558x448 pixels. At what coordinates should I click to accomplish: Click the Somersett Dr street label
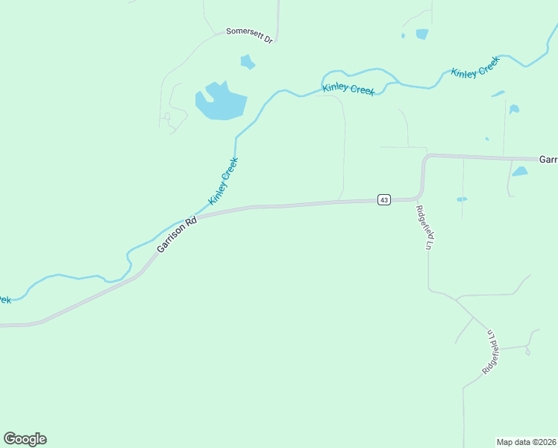point(250,35)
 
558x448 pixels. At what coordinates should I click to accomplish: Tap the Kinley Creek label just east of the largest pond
point(348,90)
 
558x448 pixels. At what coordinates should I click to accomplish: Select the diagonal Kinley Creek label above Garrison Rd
point(224,181)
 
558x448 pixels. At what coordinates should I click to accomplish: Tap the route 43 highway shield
point(383,199)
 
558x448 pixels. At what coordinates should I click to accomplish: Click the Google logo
point(25,438)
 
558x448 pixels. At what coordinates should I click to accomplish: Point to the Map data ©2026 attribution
point(526,441)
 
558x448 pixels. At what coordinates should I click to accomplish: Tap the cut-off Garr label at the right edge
point(548,160)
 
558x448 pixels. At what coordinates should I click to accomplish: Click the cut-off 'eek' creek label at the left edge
point(5,299)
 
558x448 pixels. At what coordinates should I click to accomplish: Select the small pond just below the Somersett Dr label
point(248,62)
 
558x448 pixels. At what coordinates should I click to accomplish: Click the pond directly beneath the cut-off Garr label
point(520,172)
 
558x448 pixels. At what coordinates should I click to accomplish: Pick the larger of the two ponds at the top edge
point(422,34)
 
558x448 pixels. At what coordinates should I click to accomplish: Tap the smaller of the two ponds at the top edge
point(403,35)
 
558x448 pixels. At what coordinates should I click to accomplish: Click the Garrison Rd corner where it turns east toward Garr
point(426,158)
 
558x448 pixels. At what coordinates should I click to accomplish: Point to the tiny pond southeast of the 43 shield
point(462,199)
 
